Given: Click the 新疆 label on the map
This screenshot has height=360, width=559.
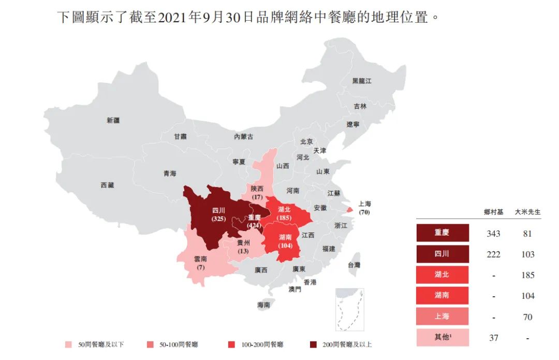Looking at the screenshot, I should [113, 120].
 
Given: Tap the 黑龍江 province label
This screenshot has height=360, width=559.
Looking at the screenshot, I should [362, 81].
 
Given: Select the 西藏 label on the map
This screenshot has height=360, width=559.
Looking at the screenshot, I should [107, 185].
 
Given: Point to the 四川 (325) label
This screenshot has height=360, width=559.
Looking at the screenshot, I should [218, 215].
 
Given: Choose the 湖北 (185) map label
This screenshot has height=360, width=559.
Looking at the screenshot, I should [284, 213].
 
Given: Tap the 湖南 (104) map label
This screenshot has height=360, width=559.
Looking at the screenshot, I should [285, 241].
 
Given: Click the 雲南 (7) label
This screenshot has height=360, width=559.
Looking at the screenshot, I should [200, 262].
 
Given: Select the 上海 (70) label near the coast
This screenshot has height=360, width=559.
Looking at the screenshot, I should [364, 208].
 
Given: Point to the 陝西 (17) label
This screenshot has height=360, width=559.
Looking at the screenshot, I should [257, 193].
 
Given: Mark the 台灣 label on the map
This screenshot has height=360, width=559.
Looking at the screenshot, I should [354, 265].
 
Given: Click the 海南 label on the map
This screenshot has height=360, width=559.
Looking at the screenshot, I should [263, 305].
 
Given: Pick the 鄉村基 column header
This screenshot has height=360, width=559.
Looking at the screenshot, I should [493, 212].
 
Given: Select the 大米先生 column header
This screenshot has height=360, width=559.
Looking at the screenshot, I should [527, 212].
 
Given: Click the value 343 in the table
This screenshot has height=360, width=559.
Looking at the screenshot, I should [493, 234].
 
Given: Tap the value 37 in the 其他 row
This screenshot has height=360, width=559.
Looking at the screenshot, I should [493, 338].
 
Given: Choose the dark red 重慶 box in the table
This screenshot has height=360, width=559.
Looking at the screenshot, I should [442, 233].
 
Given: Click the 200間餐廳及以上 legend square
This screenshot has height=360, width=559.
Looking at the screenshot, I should [313, 344].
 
